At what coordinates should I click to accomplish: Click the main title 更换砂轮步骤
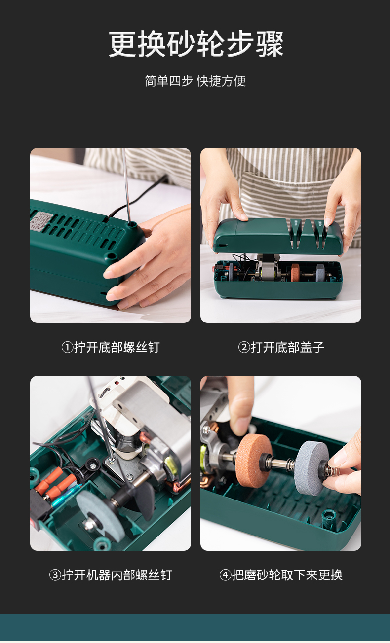click(x=196, y=44)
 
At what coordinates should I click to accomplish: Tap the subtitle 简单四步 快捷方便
click(x=195, y=81)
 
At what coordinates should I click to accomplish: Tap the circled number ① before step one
click(x=67, y=347)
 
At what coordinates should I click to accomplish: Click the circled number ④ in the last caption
click(x=225, y=575)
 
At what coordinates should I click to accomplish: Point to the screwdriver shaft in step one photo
click(x=126, y=187)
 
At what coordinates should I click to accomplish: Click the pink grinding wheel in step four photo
click(x=254, y=461)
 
